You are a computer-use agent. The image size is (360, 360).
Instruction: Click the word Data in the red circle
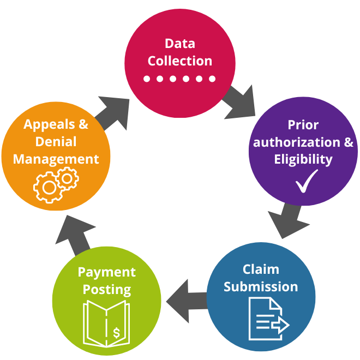point(179,43)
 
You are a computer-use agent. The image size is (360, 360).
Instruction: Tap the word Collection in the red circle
point(179,61)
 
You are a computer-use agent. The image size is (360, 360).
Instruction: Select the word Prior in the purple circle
point(303,125)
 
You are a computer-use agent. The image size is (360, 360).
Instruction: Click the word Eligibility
point(303,159)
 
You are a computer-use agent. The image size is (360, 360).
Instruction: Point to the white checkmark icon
point(307,181)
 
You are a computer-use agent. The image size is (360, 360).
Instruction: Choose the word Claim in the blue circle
point(261,269)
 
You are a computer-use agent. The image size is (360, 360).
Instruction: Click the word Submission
point(261,287)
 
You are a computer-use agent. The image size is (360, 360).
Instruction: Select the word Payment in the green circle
point(106,272)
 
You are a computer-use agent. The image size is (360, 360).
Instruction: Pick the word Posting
point(106,289)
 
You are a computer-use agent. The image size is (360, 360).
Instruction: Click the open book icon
point(106,322)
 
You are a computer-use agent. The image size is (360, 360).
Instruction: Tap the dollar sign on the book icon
point(116,332)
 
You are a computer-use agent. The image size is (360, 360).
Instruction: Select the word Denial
point(56,142)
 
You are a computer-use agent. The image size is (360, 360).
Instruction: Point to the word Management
point(56,159)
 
